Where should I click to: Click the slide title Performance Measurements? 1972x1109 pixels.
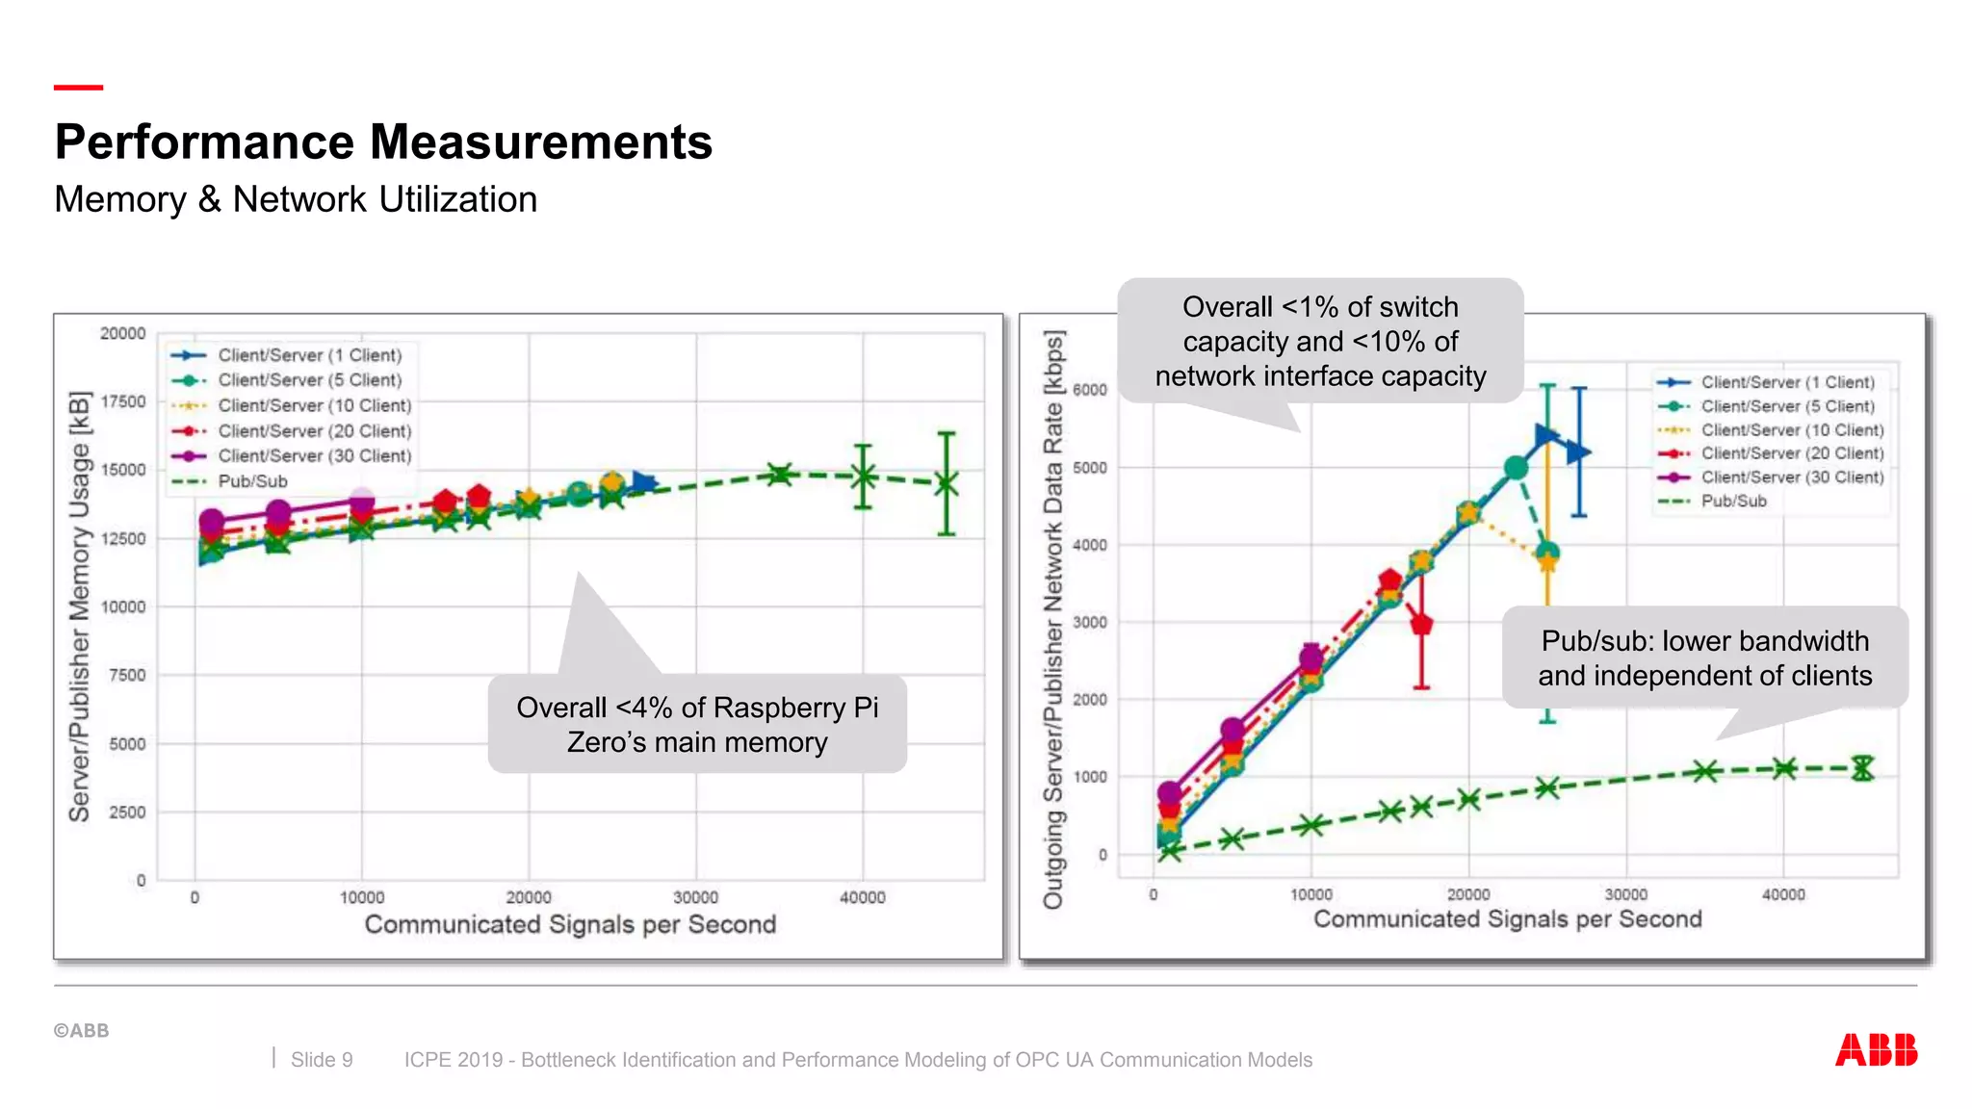[x=383, y=142]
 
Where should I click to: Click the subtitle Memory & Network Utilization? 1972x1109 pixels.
[x=296, y=199]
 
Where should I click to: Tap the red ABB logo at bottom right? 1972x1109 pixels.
[x=1876, y=1049]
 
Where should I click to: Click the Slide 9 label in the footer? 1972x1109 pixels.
[x=322, y=1060]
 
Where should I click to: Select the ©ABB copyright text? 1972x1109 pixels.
[x=81, y=1031]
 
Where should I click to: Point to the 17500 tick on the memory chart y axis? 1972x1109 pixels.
[x=122, y=401]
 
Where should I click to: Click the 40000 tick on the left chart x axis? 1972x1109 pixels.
[x=862, y=897]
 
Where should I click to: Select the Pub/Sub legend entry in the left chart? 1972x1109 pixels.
[x=252, y=481]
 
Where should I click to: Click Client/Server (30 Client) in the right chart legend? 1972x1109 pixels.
[x=1791, y=477]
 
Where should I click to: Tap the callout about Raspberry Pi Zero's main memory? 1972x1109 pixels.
[x=697, y=725]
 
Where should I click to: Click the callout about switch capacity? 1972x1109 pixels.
[x=1320, y=342]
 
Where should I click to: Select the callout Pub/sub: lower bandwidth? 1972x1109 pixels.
[x=1704, y=658]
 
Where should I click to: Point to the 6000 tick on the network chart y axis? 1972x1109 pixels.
[x=1089, y=390]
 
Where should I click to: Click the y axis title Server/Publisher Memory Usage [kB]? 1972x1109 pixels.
[x=79, y=606]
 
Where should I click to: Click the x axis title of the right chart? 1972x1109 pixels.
[x=1507, y=919]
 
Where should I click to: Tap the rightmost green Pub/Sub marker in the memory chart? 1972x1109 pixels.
[x=947, y=484]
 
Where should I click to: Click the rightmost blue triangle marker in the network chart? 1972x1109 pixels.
[x=1579, y=451]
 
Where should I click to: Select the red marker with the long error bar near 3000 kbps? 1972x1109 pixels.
[x=1421, y=625]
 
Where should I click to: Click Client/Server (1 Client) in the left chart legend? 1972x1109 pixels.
[x=309, y=355]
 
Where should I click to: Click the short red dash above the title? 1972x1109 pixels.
[x=78, y=88]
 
